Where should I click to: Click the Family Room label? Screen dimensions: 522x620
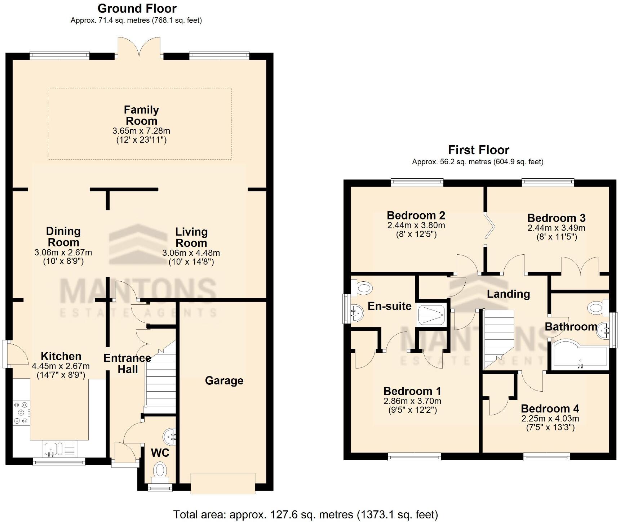click(x=141, y=115)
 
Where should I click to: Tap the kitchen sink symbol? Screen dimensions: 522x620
click(x=54, y=449)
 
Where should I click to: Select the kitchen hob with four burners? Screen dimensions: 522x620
click(x=21, y=413)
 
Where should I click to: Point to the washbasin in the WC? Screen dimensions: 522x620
click(x=169, y=437)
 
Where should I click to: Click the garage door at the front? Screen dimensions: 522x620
click(x=223, y=483)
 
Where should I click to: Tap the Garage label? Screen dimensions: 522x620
click(x=224, y=381)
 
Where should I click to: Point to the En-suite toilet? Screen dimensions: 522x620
click(x=362, y=288)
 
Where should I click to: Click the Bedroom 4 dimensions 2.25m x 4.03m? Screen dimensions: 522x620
click(x=550, y=419)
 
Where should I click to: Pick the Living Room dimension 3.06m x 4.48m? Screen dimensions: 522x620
click(x=191, y=253)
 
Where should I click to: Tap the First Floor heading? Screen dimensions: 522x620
click(x=478, y=150)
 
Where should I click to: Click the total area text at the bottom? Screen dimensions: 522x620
click(x=305, y=514)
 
